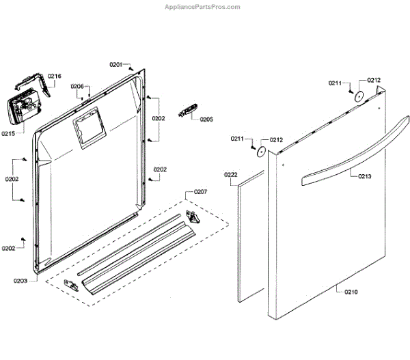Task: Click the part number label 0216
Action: coord(55,76)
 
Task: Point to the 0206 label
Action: coord(77,87)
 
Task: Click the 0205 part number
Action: coord(206,119)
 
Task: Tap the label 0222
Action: coord(231,175)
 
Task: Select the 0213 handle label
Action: coord(365,176)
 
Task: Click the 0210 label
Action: coord(351,292)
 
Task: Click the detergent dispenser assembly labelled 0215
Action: coord(23,109)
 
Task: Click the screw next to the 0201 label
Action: coord(131,68)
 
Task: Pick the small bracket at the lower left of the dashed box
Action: coord(71,283)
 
